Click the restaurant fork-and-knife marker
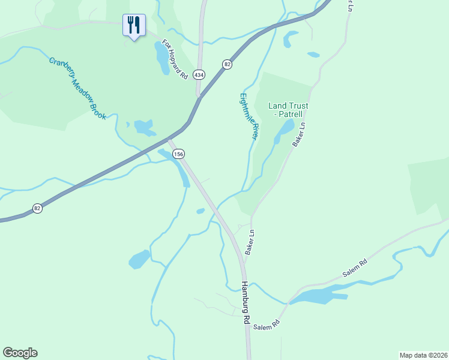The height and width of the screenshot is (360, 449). coord(133,25)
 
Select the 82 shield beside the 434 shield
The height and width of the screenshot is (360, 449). coord(227,64)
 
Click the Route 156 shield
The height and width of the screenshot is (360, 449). coord(178,154)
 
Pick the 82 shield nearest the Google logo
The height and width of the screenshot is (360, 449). coord(37,208)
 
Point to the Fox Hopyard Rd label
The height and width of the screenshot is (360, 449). coord(175,60)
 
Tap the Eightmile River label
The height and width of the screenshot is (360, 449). coord(249,116)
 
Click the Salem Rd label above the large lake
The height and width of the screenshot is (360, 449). coord(355,268)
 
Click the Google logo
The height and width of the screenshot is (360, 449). coord(20,353)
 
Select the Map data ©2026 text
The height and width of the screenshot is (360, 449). coord(423,355)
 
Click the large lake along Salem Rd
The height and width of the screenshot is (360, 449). coord(318,296)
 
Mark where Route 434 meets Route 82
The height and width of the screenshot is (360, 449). coord(199,96)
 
